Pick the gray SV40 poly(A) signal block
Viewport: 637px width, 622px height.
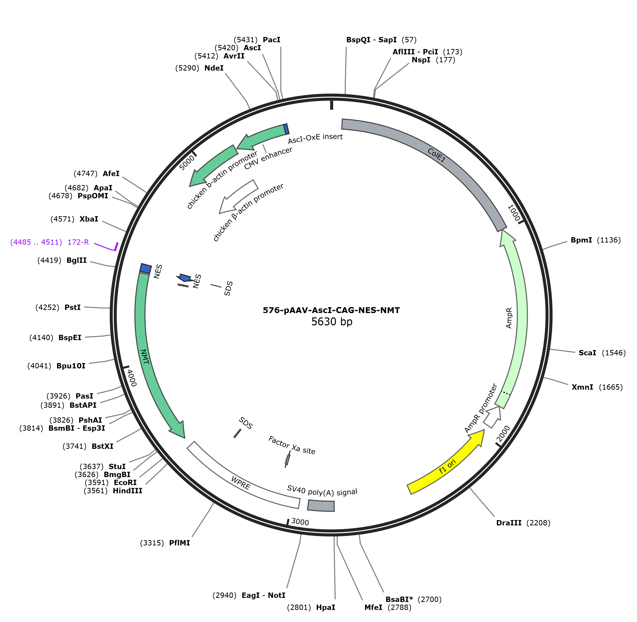(321, 505)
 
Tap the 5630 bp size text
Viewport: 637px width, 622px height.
(332, 322)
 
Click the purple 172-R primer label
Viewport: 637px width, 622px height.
(78, 242)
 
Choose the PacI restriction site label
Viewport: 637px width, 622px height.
(272, 40)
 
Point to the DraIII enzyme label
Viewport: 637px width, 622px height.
(509, 523)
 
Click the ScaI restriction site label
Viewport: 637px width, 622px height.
(587, 353)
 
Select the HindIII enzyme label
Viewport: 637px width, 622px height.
(127, 491)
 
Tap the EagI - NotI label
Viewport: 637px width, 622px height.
(263, 595)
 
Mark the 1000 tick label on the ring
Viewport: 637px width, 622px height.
(514, 213)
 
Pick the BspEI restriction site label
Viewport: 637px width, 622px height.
(70, 337)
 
